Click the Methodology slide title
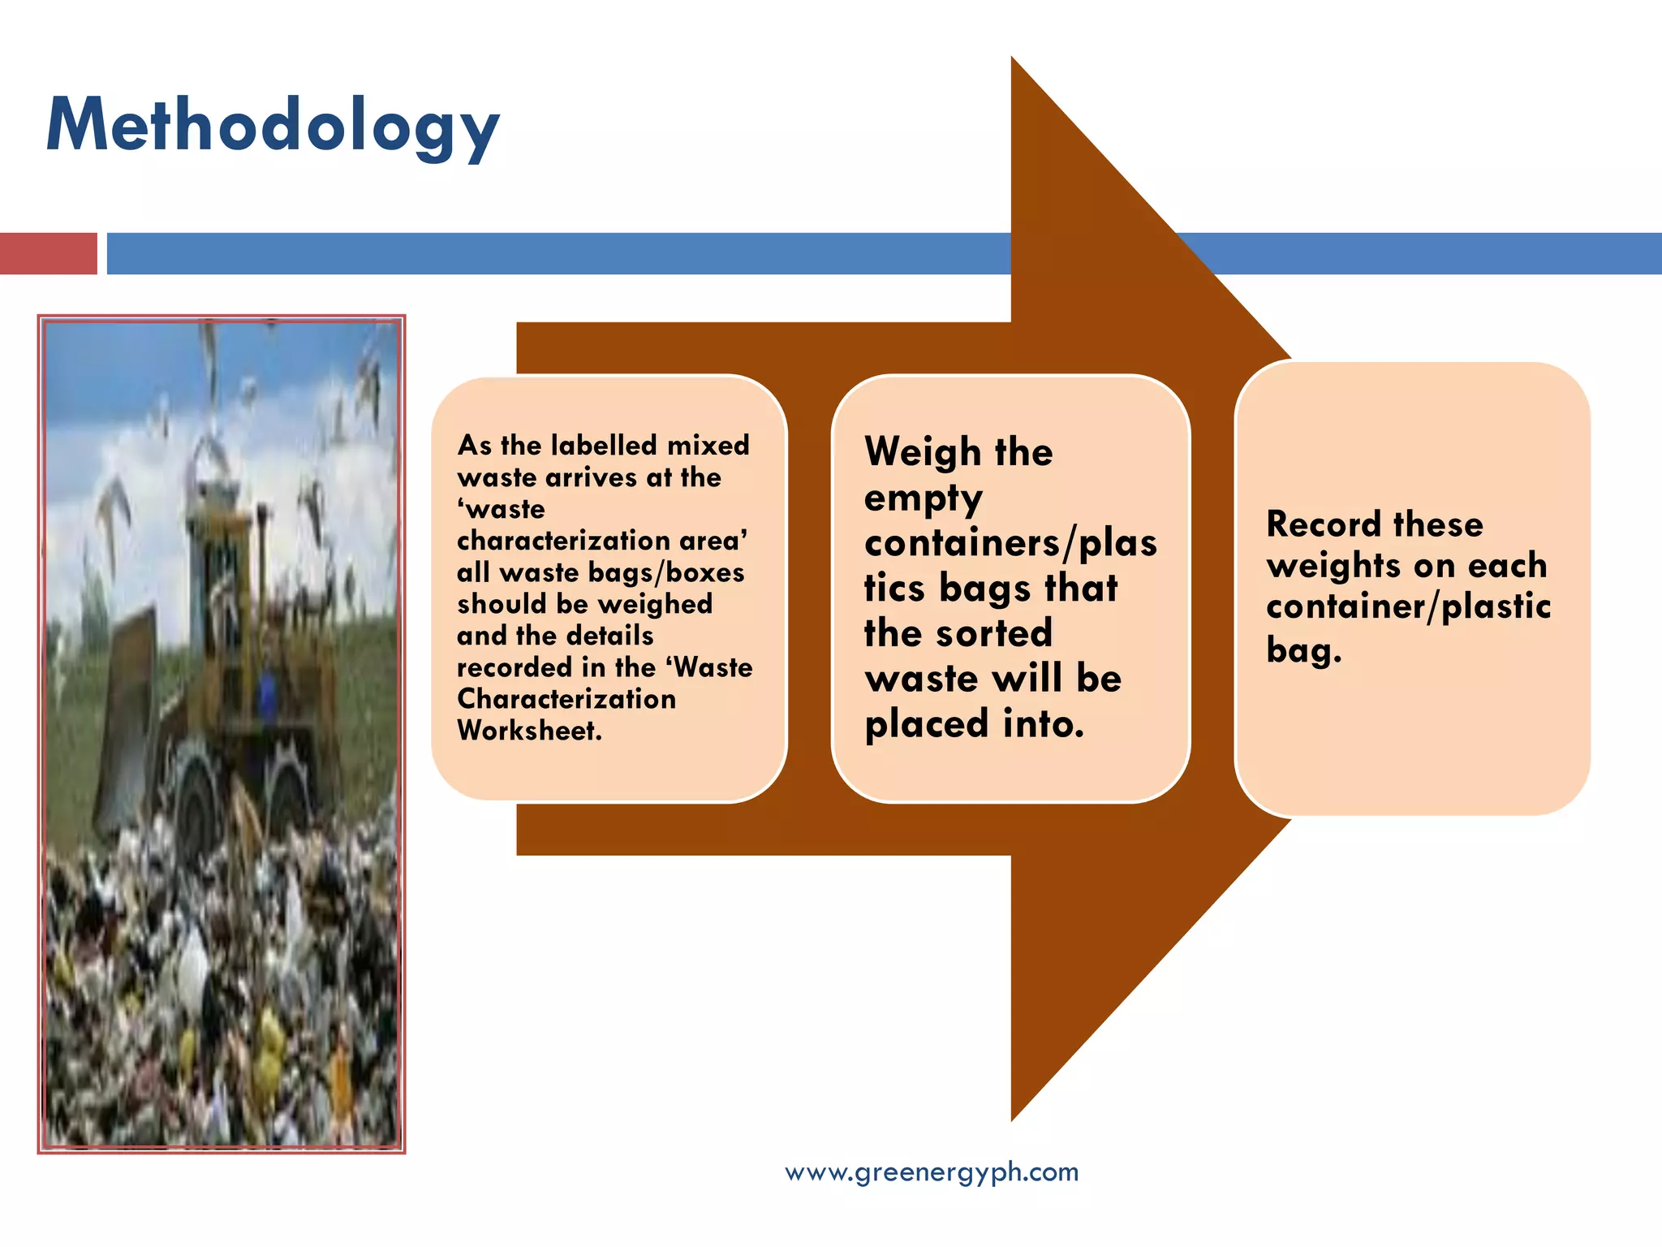tap(273, 127)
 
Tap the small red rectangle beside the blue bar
tap(48, 253)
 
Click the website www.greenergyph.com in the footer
tap(932, 1171)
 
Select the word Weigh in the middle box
tap(923, 452)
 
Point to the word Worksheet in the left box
tap(528, 731)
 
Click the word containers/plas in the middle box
tap(1010, 542)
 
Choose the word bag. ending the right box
tap(1303, 650)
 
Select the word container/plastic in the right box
tap(1408, 607)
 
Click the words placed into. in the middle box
tap(974, 723)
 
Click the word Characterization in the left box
tap(566, 699)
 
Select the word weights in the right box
tap(1332, 566)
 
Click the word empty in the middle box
tap(923, 498)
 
